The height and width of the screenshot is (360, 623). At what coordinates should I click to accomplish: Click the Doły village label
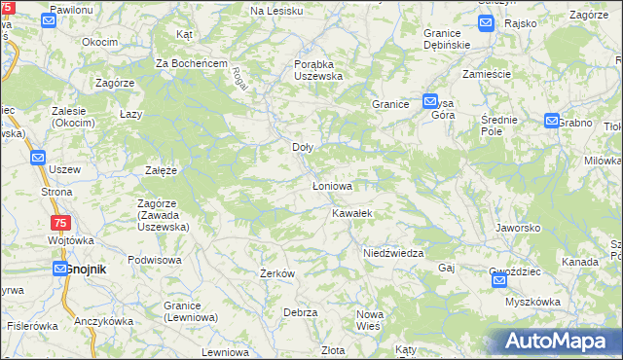coord(303,148)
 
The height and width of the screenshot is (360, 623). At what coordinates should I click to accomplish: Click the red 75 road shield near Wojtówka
coord(59,223)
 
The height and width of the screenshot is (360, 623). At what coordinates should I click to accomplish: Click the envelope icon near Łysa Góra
coord(430,101)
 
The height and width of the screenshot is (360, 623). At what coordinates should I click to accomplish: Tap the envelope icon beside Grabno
coord(552,122)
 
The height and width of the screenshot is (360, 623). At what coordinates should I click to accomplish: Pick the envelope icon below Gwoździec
coord(499,280)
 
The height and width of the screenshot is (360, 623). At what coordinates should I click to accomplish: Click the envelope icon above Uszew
coord(38,157)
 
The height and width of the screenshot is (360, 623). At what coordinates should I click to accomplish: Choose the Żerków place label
coord(277,274)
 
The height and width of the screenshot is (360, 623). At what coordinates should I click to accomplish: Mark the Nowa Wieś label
coord(370,320)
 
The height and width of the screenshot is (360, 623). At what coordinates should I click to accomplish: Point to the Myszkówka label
coord(532,302)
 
